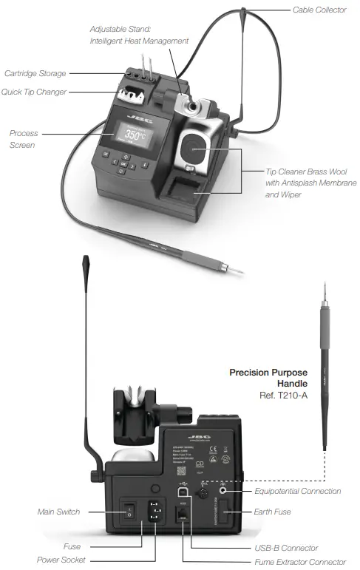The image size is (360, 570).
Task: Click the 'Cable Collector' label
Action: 319,10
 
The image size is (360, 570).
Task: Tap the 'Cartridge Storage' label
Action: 35,73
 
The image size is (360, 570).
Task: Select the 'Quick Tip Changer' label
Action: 35,92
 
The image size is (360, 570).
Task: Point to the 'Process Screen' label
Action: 24,139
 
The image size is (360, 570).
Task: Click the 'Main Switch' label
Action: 58,512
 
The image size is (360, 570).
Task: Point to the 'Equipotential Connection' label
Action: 297,491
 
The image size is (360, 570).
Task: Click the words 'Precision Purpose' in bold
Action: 268,372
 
